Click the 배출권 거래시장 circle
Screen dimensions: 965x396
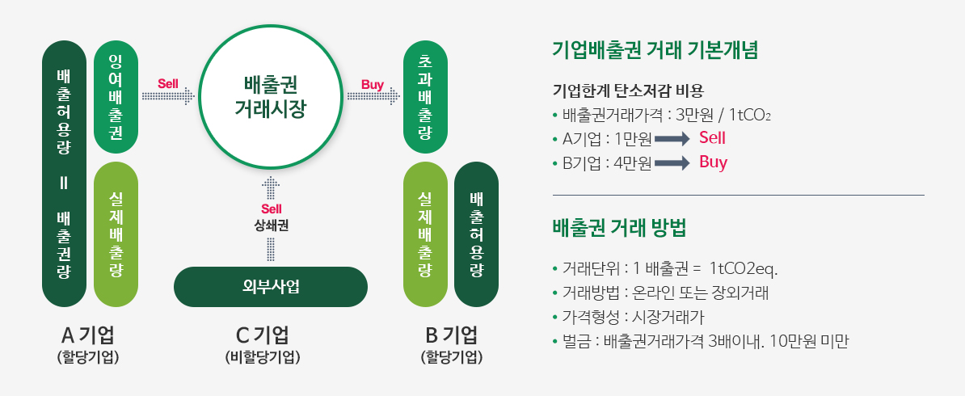[271, 96]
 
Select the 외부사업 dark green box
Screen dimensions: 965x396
[271, 286]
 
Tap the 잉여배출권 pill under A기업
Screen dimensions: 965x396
[116, 97]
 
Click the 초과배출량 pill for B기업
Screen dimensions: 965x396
[424, 97]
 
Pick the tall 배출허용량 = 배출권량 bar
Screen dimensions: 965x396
[64, 174]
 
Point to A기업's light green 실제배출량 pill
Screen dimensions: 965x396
[116, 234]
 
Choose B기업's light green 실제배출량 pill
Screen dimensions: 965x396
[424, 234]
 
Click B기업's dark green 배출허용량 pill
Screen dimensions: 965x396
[476, 234]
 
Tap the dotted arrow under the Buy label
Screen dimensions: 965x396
[373, 96]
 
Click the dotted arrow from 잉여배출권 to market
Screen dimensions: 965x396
[168, 96]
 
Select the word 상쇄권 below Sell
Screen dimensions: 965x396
[271, 225]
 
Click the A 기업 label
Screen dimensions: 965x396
[88, 336]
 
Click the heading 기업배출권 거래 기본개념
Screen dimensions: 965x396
[655, 50]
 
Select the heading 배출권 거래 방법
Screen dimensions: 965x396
[620, 229]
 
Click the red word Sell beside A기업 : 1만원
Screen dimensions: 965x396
[712, 138]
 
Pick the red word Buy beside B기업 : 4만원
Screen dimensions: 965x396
[714, 163]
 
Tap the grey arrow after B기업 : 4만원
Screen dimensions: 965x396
[672, 164]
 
